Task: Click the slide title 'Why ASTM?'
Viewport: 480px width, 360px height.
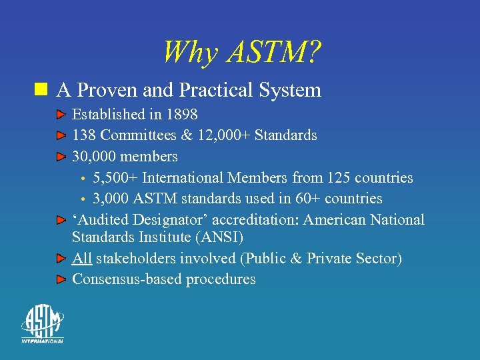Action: [241, 52]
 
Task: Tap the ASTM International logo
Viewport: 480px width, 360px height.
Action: [42, 324]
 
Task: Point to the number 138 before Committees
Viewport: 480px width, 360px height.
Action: [84, 135]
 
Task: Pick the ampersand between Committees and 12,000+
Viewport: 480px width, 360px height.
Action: [187, 135]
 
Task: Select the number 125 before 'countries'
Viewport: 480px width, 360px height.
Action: [339, 178]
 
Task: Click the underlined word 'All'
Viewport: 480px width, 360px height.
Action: [82, 258]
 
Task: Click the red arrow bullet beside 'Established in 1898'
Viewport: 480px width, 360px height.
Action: [61, 115]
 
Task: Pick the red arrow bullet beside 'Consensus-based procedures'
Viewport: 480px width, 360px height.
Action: [61, 279]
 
